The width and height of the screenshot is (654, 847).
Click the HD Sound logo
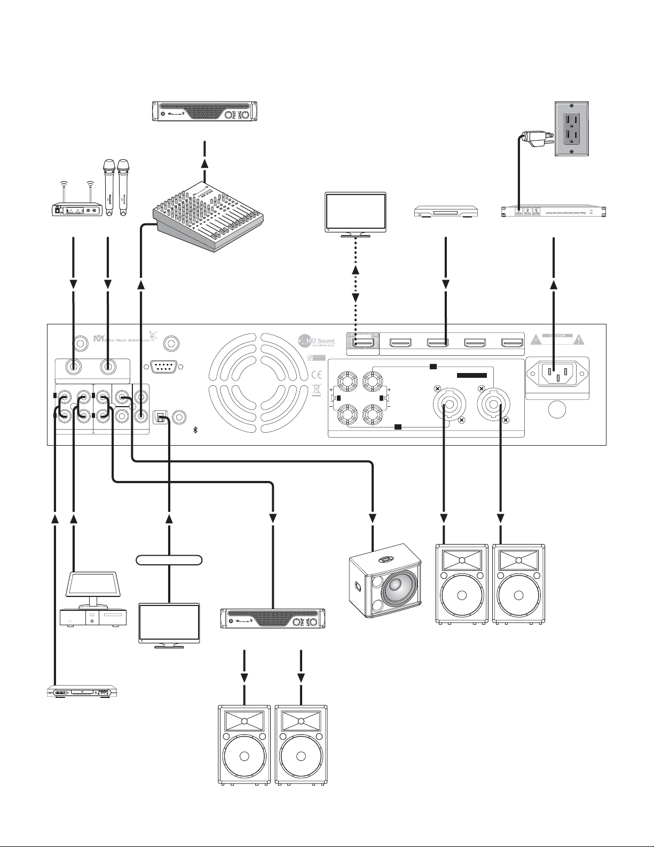click(316, 340)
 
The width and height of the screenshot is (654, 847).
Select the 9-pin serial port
click(162, 367)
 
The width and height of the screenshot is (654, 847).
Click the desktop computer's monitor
click(91, 586)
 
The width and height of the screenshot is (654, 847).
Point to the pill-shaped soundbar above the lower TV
click(169, 560)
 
